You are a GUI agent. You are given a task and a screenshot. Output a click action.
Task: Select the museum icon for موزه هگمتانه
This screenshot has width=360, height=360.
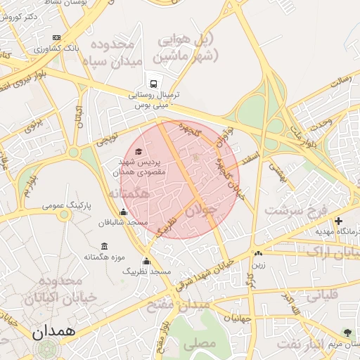(105, 246)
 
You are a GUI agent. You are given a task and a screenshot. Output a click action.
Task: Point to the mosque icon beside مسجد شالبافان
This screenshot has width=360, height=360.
(124, 212)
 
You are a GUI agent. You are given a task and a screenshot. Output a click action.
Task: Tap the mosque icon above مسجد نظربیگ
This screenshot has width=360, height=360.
(146, 262)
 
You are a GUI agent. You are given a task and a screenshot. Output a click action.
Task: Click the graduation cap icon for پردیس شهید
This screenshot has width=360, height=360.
(139, 152)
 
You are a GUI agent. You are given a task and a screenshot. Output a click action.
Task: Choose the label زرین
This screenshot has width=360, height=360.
(259, 265)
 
